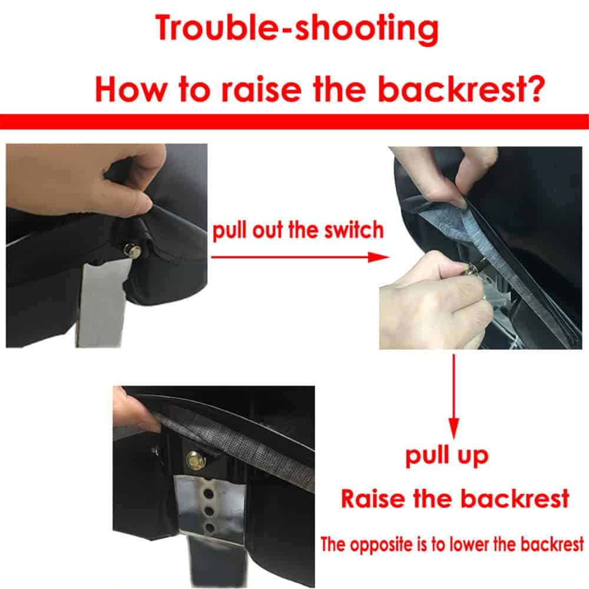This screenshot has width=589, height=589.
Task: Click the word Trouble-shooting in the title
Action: point(297,29)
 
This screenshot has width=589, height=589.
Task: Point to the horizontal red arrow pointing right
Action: point(300,257)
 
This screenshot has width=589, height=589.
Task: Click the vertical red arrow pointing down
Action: point(454,396)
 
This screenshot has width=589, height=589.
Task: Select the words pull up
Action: point(447,456)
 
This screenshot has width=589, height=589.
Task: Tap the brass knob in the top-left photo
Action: point(133,250)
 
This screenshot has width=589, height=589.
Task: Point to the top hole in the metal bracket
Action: point(206,492)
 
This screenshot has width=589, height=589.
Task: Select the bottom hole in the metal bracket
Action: point(209,528)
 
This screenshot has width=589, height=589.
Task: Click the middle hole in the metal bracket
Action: point(208,511)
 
